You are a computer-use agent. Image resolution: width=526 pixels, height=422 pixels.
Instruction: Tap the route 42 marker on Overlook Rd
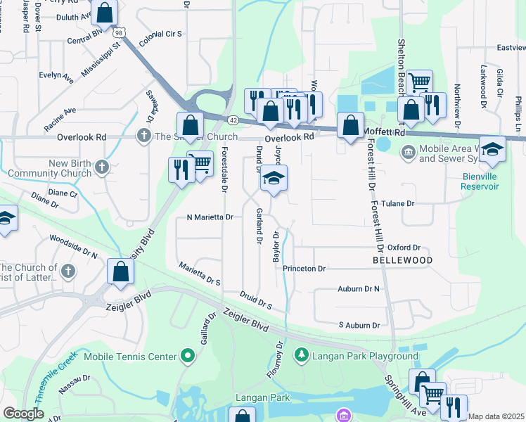coord(232,120)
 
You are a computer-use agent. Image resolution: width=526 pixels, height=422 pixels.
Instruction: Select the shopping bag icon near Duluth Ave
coord(104,13)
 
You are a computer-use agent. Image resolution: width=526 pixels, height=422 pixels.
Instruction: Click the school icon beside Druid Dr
coord(274,179)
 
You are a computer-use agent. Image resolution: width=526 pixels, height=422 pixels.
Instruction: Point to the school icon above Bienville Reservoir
coord(492,149)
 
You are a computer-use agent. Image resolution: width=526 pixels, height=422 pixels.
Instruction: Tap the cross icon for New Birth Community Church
coord(102,167)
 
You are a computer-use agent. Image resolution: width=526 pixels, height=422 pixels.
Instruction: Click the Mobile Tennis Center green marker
coord(187,357)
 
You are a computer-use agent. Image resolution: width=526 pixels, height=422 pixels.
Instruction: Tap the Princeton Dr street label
coord(304,269)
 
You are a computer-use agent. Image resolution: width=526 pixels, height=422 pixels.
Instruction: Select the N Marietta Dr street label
coord(210,218)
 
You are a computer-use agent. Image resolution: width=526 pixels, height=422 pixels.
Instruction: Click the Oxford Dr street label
coord(403,248)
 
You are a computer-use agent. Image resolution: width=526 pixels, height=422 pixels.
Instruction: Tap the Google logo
coord(23,413)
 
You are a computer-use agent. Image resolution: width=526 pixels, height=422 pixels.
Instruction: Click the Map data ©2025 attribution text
coord(496,416)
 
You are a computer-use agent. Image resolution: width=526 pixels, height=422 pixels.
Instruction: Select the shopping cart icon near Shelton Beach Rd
coord(420,82)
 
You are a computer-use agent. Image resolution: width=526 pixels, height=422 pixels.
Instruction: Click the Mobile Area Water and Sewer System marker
coord(409,152)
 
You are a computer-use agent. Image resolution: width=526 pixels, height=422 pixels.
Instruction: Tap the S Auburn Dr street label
coord(359,325)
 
